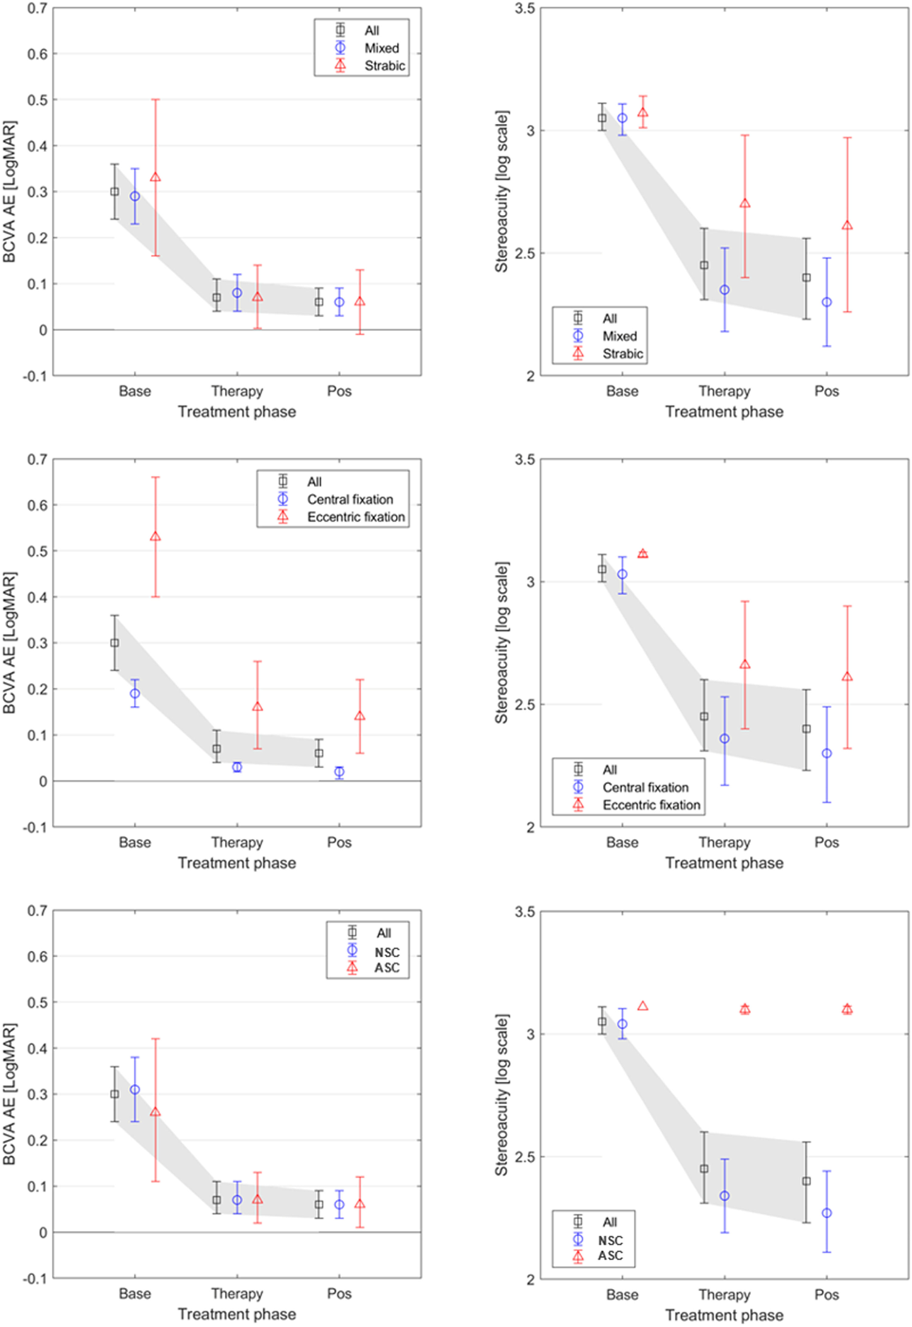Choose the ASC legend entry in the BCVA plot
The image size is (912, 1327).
click(x=387, y=968)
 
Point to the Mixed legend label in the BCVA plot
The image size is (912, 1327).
click(x=382, y=48)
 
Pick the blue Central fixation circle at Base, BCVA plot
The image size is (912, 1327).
click(x=135, y=693)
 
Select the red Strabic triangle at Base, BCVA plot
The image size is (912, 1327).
click(x=155, y=177)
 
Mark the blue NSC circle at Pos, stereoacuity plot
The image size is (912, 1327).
click(x=826, y=1213)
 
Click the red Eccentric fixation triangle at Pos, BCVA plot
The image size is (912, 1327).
click(x=360, y=716)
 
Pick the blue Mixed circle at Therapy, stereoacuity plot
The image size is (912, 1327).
click(x=724, y=290)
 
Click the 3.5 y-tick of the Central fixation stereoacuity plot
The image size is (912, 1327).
click(x=525, y=459)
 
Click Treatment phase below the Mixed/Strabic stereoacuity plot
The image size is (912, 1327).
click(x=724, y=412)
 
